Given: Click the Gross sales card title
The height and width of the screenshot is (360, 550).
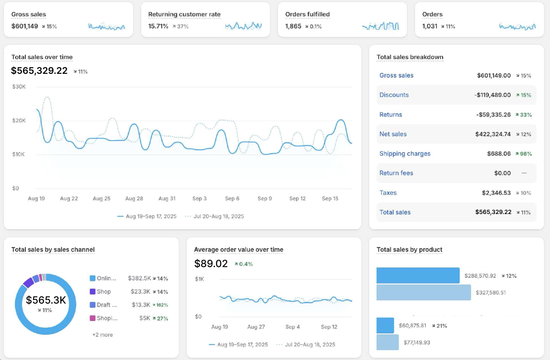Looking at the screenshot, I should click(x=29, y=15).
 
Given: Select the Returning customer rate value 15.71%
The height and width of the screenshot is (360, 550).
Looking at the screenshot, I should click(x=158, y=26).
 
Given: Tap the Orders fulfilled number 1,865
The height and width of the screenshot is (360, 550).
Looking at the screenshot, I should click(x=293, y=26).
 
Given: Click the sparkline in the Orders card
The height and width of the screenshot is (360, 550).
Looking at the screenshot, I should click(x=517, y=27).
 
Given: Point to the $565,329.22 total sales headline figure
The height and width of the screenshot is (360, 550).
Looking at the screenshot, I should click(x=39, y=71).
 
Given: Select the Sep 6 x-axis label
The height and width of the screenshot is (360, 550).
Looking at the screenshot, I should click(x=232, y=199).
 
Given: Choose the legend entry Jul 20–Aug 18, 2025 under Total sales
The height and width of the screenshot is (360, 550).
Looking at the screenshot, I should click(x=219, y=216).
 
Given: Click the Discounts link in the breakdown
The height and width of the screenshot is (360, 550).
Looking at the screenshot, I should click(x=394, y=95).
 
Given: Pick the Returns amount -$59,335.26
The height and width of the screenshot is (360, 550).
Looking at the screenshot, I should click(x=493, y=114).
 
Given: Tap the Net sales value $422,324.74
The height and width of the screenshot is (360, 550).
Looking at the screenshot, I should click(x=493, y=134).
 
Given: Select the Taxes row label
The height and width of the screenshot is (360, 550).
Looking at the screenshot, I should click(x=388, y=193).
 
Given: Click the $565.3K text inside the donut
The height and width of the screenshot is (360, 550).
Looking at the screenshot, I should click(x=46, y=300).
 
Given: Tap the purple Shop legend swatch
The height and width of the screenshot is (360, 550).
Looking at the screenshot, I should click(x=92, y=292).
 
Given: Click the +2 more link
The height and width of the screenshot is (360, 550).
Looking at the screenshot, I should click(x=102, y=335).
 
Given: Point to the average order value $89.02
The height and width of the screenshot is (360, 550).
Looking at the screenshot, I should click(x=211, y=264).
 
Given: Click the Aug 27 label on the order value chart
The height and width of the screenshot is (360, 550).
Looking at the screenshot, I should click(x=256, y=327).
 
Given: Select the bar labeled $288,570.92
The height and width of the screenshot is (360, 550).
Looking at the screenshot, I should click(x=418, y=275).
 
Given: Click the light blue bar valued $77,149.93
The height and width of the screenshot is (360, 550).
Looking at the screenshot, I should click(x=387, y=342).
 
